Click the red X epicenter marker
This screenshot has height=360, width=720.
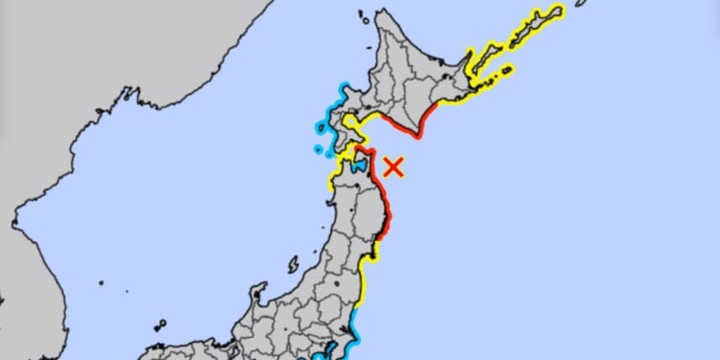point(393,166)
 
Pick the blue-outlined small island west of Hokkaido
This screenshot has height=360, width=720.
point(318,149)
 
